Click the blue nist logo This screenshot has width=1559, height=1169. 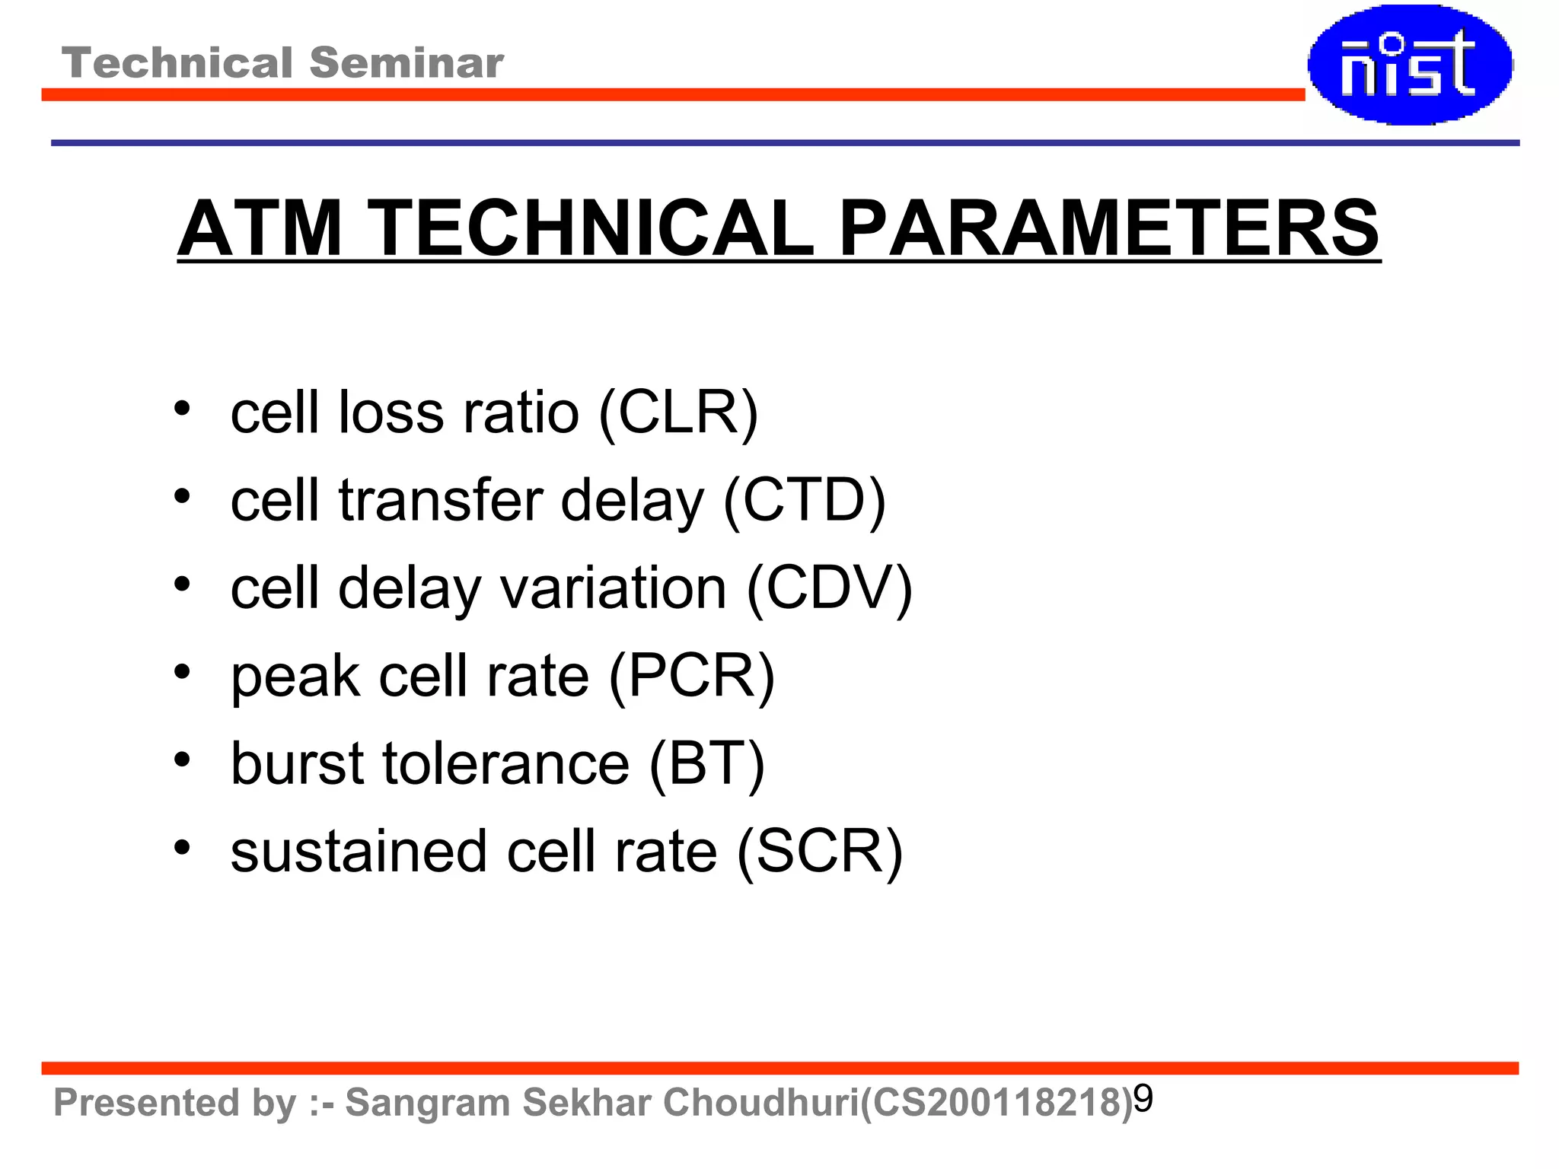tap(1410, 65)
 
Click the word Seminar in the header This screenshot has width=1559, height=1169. tap(406, 62)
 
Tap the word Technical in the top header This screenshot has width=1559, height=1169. tap(177, 62)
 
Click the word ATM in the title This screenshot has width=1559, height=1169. tap(260, 228)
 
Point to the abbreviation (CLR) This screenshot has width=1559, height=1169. tap(678, 412)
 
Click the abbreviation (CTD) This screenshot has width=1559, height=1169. tap(804, 500)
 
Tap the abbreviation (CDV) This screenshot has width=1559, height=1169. tap(829, 588)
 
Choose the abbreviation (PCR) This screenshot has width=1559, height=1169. tap(691, 676)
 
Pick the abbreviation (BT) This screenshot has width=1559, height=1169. tap(706, 763)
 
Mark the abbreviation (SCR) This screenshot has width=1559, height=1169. tap(819, 851)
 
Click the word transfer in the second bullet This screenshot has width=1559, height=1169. tap(441, 500)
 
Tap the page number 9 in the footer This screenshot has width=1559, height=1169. tap(1143, 1098)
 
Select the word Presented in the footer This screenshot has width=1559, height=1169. tap(146, 1103)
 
